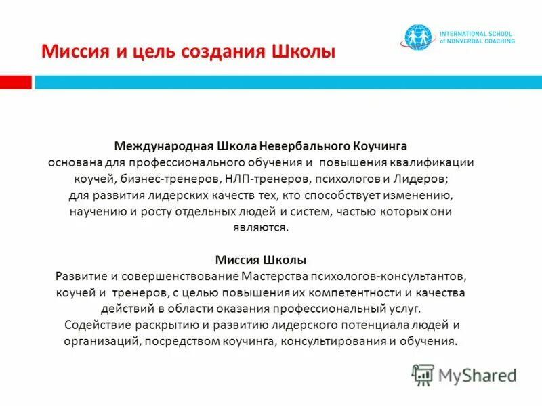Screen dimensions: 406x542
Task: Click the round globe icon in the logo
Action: [418, 37]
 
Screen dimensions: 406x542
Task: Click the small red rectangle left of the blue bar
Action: [16, 83]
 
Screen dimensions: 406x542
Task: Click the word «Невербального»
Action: [308, 146]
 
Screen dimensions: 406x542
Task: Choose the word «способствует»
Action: [328, 196]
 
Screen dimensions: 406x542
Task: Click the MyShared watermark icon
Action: [423, 374]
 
